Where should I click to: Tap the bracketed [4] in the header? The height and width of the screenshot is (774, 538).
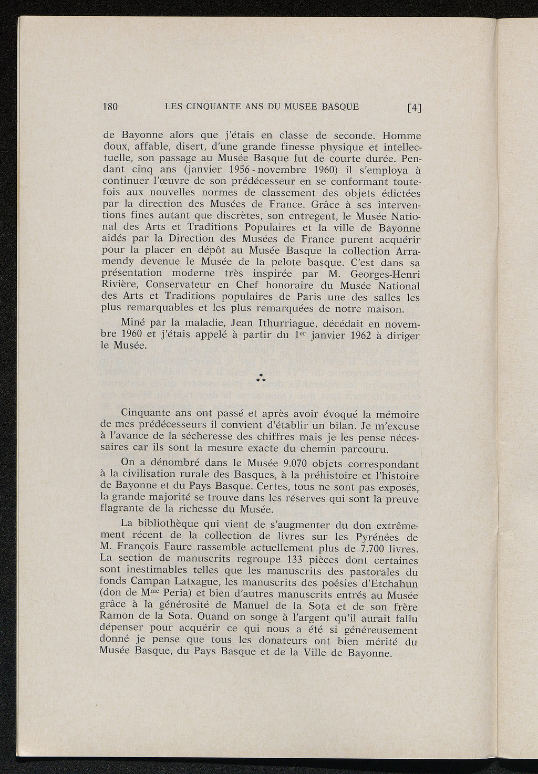coord(415,109)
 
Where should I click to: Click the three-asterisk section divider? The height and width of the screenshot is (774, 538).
coord(260,378)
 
